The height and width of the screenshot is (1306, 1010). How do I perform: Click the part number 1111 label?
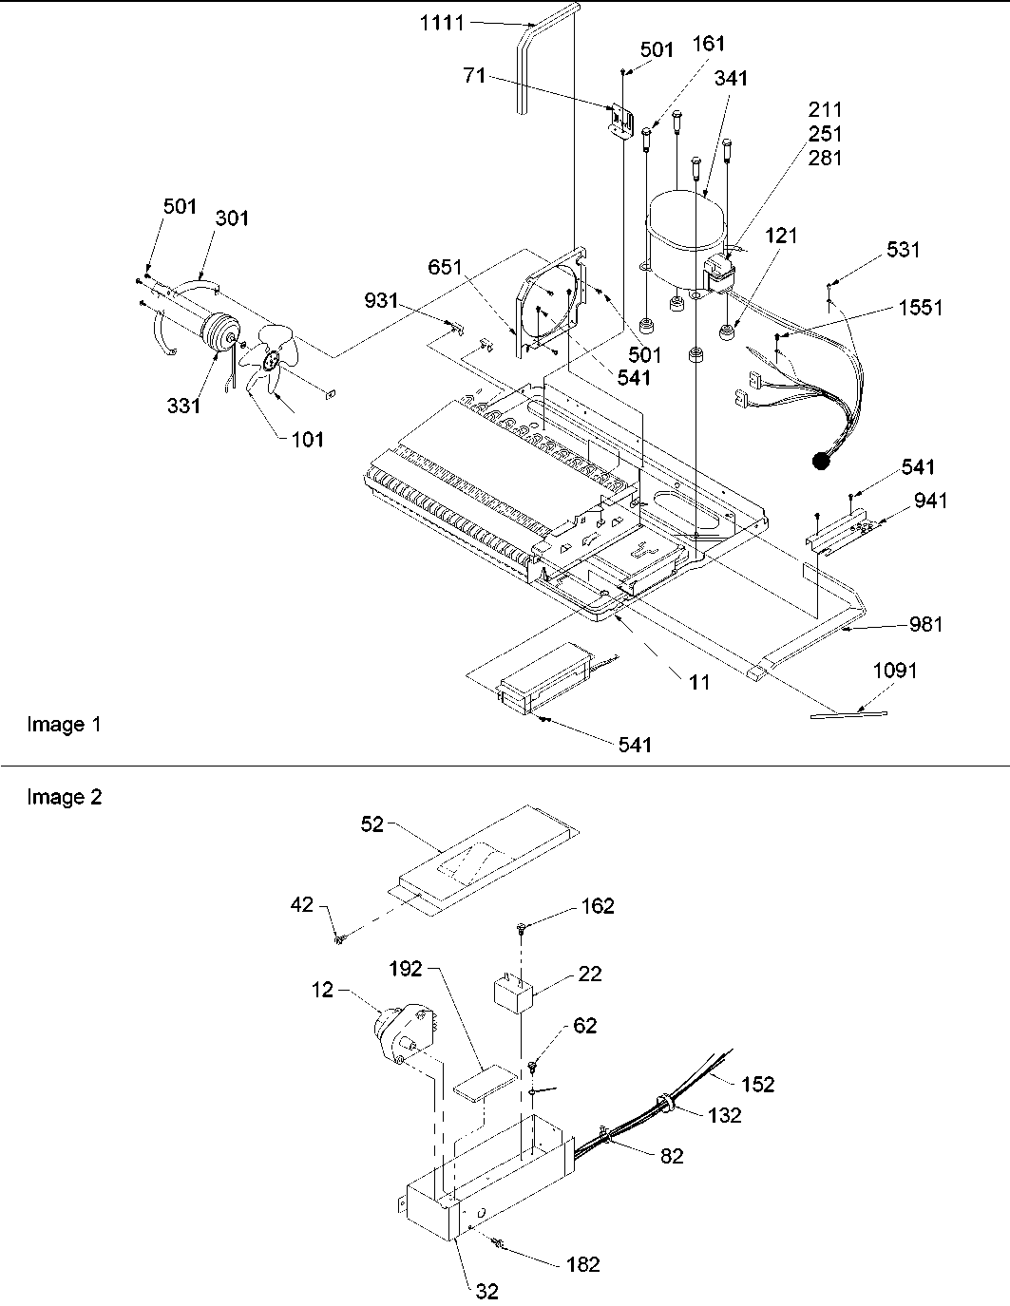pyautogui.click(x=442, y=21)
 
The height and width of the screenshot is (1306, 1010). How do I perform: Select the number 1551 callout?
pyautogui.click(x=920, y=309)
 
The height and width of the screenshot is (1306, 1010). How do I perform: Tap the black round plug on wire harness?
pyautogui.click(x=819, y=462)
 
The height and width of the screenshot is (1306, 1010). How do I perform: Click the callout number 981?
pyautogui.click(x=925, y=624)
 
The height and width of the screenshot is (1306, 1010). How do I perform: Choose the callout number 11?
pyautogui.click(x=699, y=682)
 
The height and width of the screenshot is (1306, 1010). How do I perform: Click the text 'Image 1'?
pyautogui.click(x=64, y=725)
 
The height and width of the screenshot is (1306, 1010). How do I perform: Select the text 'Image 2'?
pyautogui.click(x=64, y=797)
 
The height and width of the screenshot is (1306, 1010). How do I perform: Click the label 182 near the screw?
pyautogui.click(x=582, y=1264)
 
